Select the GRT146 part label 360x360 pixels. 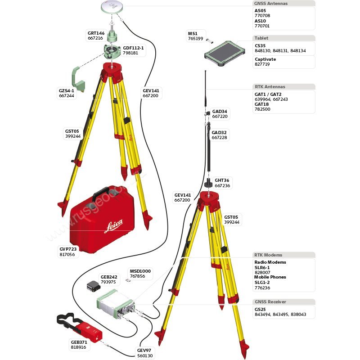95,33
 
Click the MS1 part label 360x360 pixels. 193,33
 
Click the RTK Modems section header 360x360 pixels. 268,255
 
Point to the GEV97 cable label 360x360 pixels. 144,350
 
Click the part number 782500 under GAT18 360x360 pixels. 262,109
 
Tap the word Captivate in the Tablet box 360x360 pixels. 265,59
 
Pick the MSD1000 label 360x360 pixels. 140,271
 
